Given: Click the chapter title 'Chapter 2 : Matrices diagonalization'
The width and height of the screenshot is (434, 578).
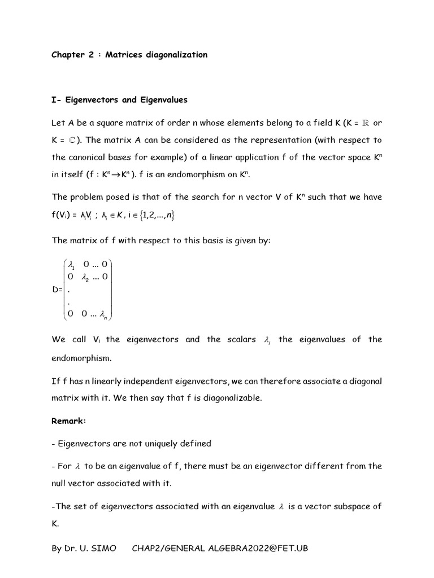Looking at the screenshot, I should tap(129, 55).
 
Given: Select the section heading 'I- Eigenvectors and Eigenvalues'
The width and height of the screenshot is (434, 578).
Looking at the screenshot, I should tap(119, 100).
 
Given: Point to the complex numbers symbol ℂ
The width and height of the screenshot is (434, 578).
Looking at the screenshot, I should tap(72, 140).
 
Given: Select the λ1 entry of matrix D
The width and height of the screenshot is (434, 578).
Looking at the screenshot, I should tap(71, 264).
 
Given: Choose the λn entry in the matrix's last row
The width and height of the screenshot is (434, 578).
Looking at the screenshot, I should tap(106, 316).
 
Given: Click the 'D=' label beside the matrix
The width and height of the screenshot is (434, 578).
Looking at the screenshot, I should tap(57, 290).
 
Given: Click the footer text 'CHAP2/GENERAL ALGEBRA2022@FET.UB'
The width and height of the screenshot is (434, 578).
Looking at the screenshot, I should tap(220, 548).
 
